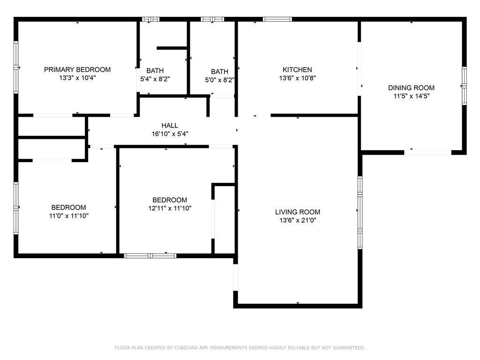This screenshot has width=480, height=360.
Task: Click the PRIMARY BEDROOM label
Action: [77, 69]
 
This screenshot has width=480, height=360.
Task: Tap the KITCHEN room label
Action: [297, 70]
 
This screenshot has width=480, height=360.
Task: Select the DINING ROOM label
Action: [411, 88]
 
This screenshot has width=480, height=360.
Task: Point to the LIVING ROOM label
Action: [298, 212]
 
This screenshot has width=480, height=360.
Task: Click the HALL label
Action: [170, 126]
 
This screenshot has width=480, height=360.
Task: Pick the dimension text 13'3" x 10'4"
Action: [77, 78]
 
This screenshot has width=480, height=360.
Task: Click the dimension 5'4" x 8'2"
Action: [155, 79]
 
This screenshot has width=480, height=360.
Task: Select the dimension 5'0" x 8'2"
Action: [219, 80]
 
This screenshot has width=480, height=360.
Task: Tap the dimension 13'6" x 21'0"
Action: [298, 220]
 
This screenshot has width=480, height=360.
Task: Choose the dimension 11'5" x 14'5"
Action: [412, 96]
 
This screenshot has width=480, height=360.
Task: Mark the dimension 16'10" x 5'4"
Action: [170, 134]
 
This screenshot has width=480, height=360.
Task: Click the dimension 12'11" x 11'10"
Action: [170, 208]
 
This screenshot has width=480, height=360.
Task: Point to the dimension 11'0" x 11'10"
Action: [68, 216]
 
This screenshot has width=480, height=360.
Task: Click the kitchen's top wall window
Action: [277, 19]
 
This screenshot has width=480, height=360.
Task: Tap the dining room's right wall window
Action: [464, 86]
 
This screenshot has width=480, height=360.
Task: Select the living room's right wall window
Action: [360, 212]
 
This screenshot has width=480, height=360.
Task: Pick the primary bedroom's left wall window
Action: [16, 67]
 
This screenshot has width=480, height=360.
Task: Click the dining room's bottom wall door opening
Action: [427, 152]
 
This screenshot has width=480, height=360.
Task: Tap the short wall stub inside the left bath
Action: [172, 48]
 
